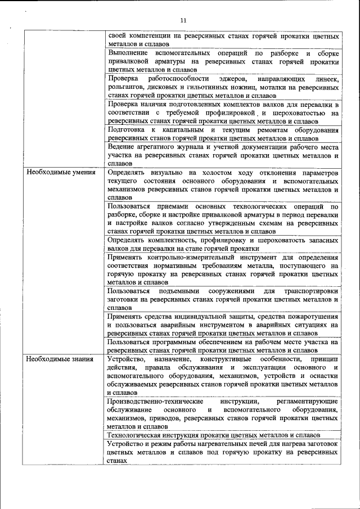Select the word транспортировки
click(309, 291)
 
